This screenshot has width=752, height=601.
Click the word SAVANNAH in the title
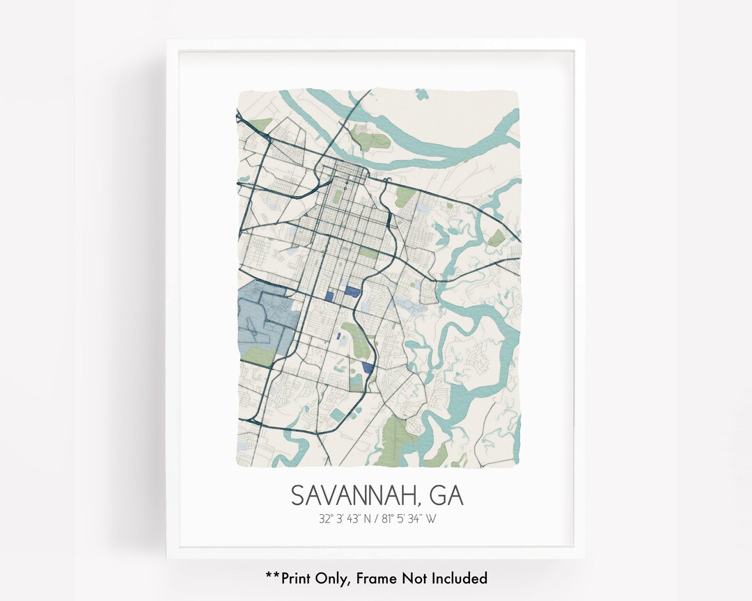(353, 495)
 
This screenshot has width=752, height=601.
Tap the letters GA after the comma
(447, 495)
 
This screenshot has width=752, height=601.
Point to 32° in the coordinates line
(326, 518)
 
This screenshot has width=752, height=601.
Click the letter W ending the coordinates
(430, 518)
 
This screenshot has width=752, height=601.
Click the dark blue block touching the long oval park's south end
(368, 367)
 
